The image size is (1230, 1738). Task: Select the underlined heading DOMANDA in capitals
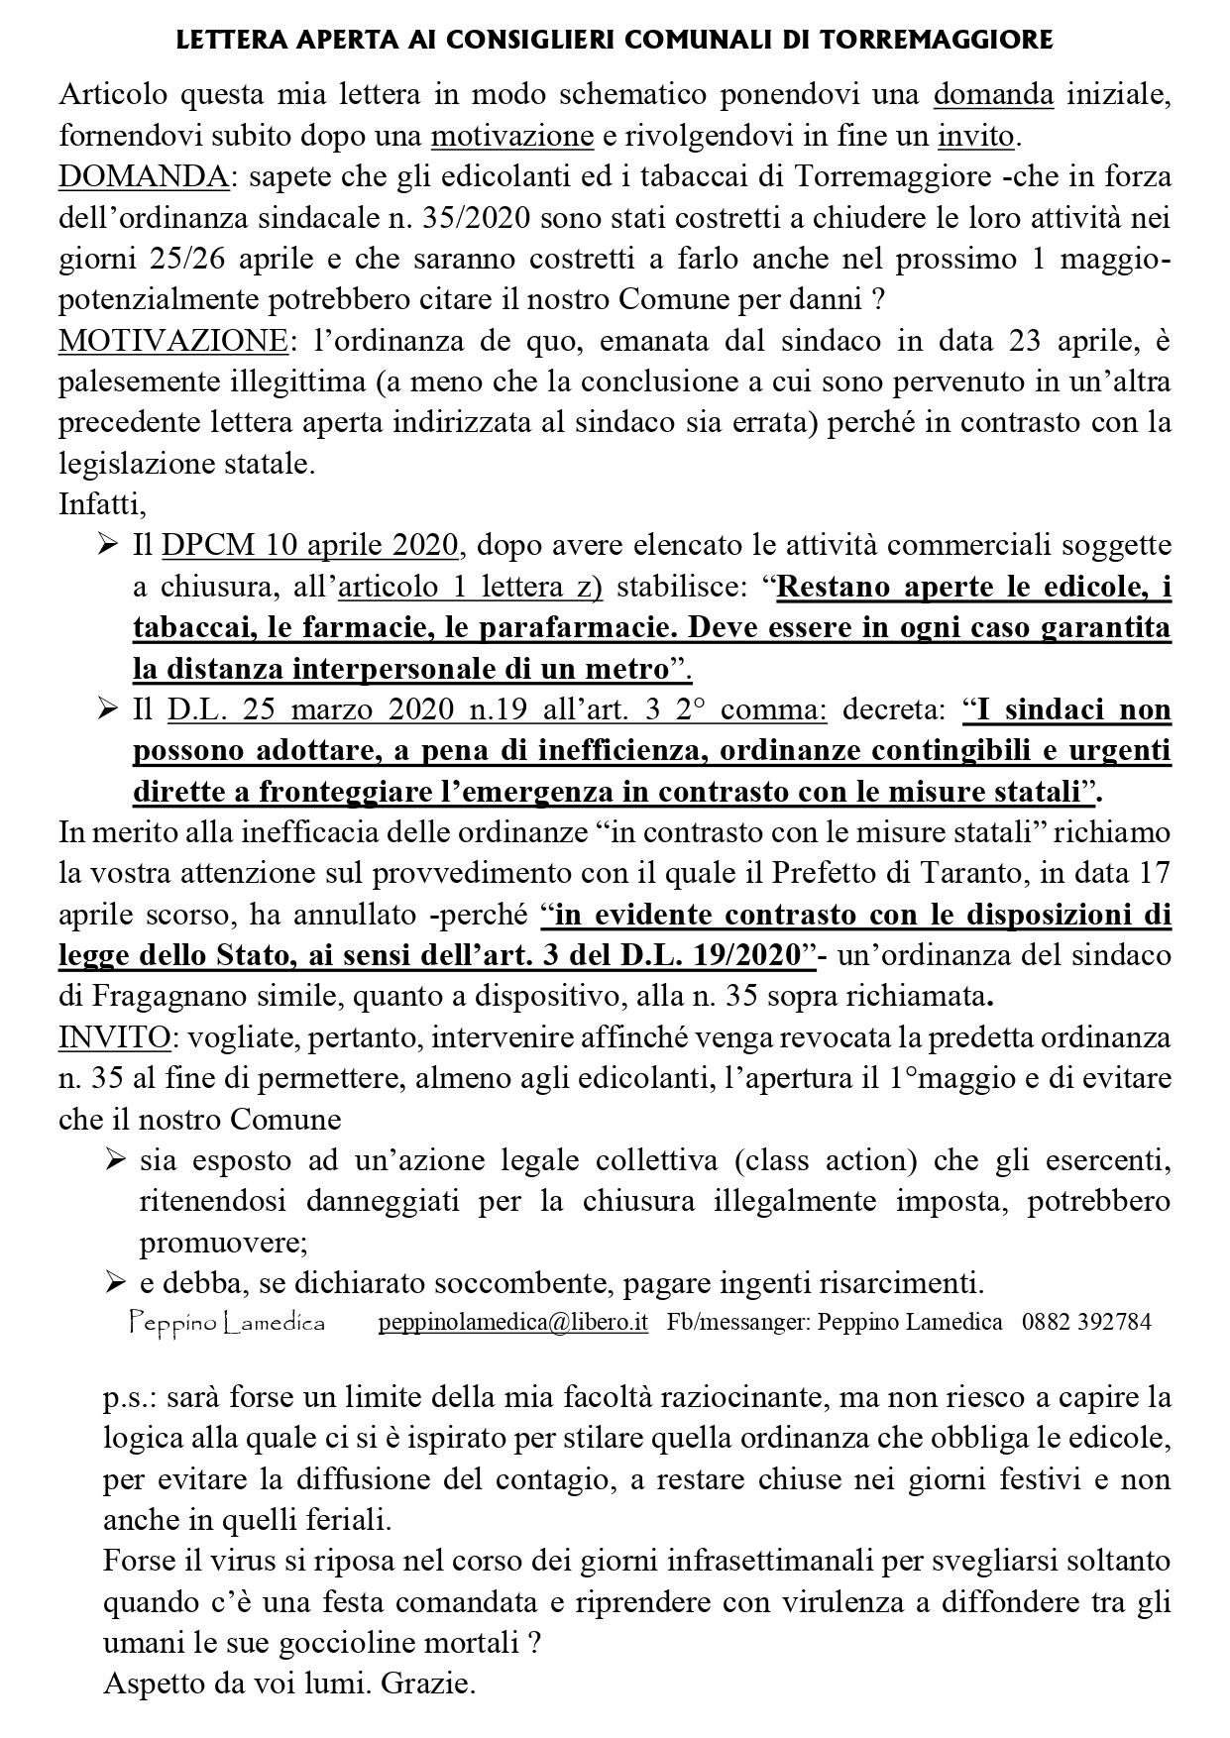pyautogui.click(x=144, y=177)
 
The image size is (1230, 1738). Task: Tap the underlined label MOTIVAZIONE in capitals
pyautogui.click(x=172, y=340)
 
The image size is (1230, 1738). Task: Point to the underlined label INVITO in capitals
pyautogui.click(x=114, y=1037)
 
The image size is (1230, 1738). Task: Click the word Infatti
pyautogui.click(x=102, y=503)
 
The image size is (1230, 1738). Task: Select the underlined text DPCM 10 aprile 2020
pyautogui.click(x=310, y=545)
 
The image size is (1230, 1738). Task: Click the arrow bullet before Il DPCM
pyautogui.click(x=108, y=545)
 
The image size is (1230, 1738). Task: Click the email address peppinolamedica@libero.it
pyautogui.click(x=513, y=1322)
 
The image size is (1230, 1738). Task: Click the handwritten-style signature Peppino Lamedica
pyautogui.click(x=227, y=1322)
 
